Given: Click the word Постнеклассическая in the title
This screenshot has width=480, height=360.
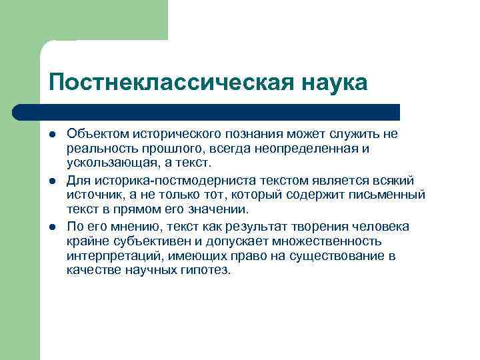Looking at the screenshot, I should point(167,83).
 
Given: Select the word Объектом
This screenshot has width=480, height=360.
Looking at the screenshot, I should point(94,133).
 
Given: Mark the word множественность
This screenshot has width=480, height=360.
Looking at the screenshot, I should point(324,241).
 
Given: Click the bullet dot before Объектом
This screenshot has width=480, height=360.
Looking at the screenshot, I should point(53,134).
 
